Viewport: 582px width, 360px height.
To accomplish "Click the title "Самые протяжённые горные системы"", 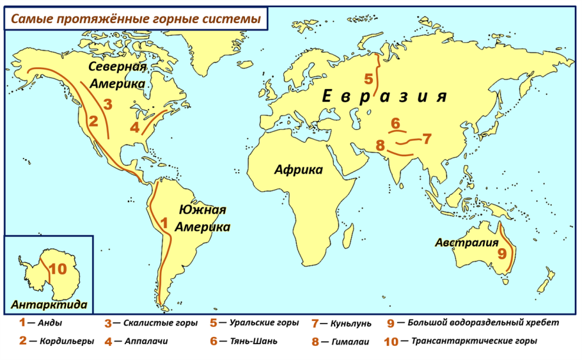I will (x=134, y=19).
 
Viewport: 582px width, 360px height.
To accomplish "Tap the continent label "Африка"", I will (x=299, y=169).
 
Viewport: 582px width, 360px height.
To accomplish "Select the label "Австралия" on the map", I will (x=466, y=242).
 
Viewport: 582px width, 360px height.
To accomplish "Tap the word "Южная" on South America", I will (x=203, y=210).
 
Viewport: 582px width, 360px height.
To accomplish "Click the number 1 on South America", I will (x=164, y=223).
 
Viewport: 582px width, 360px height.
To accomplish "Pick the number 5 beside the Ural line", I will (x=368, y=79).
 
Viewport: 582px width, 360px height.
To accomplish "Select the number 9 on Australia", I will (x=502, y=254).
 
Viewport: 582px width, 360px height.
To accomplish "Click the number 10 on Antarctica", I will (x=57, y=269).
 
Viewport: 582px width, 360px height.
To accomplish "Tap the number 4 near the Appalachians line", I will (x=134, y=127).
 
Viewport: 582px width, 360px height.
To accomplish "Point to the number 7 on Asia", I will (x=427, y=137).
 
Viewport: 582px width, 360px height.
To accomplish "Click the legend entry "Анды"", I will (x=50, y=324).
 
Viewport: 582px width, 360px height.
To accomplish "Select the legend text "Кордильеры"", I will (x=66, y=341).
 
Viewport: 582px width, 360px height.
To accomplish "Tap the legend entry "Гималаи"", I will (x=350, y=341).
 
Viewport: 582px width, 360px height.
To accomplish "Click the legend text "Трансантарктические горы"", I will (x=473, y=341).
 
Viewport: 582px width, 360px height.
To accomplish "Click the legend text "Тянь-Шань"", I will (x=253, y=341).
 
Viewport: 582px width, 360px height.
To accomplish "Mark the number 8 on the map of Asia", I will (x=381, y=145).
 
